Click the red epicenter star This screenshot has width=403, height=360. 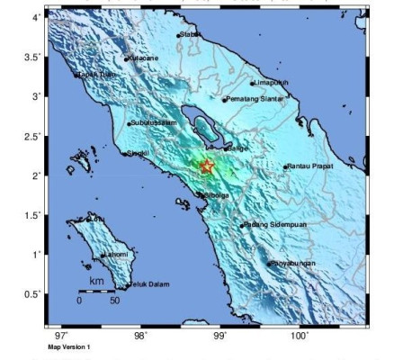pyautogui.click(x=207, y=166)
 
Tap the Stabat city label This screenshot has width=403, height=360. pyautogui.click(x=189, y=35)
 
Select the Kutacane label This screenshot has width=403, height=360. pyautogui.click(x=143, y=58)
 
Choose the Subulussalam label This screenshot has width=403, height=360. pyautogui.click(x=152, y=123)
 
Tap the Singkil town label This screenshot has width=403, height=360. pyautogui.click(x=138, y=154)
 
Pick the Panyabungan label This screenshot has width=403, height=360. pyautogui.click(x=293, y=264)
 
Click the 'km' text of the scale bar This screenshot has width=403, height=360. pyautogui.click(x=96, y=281)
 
